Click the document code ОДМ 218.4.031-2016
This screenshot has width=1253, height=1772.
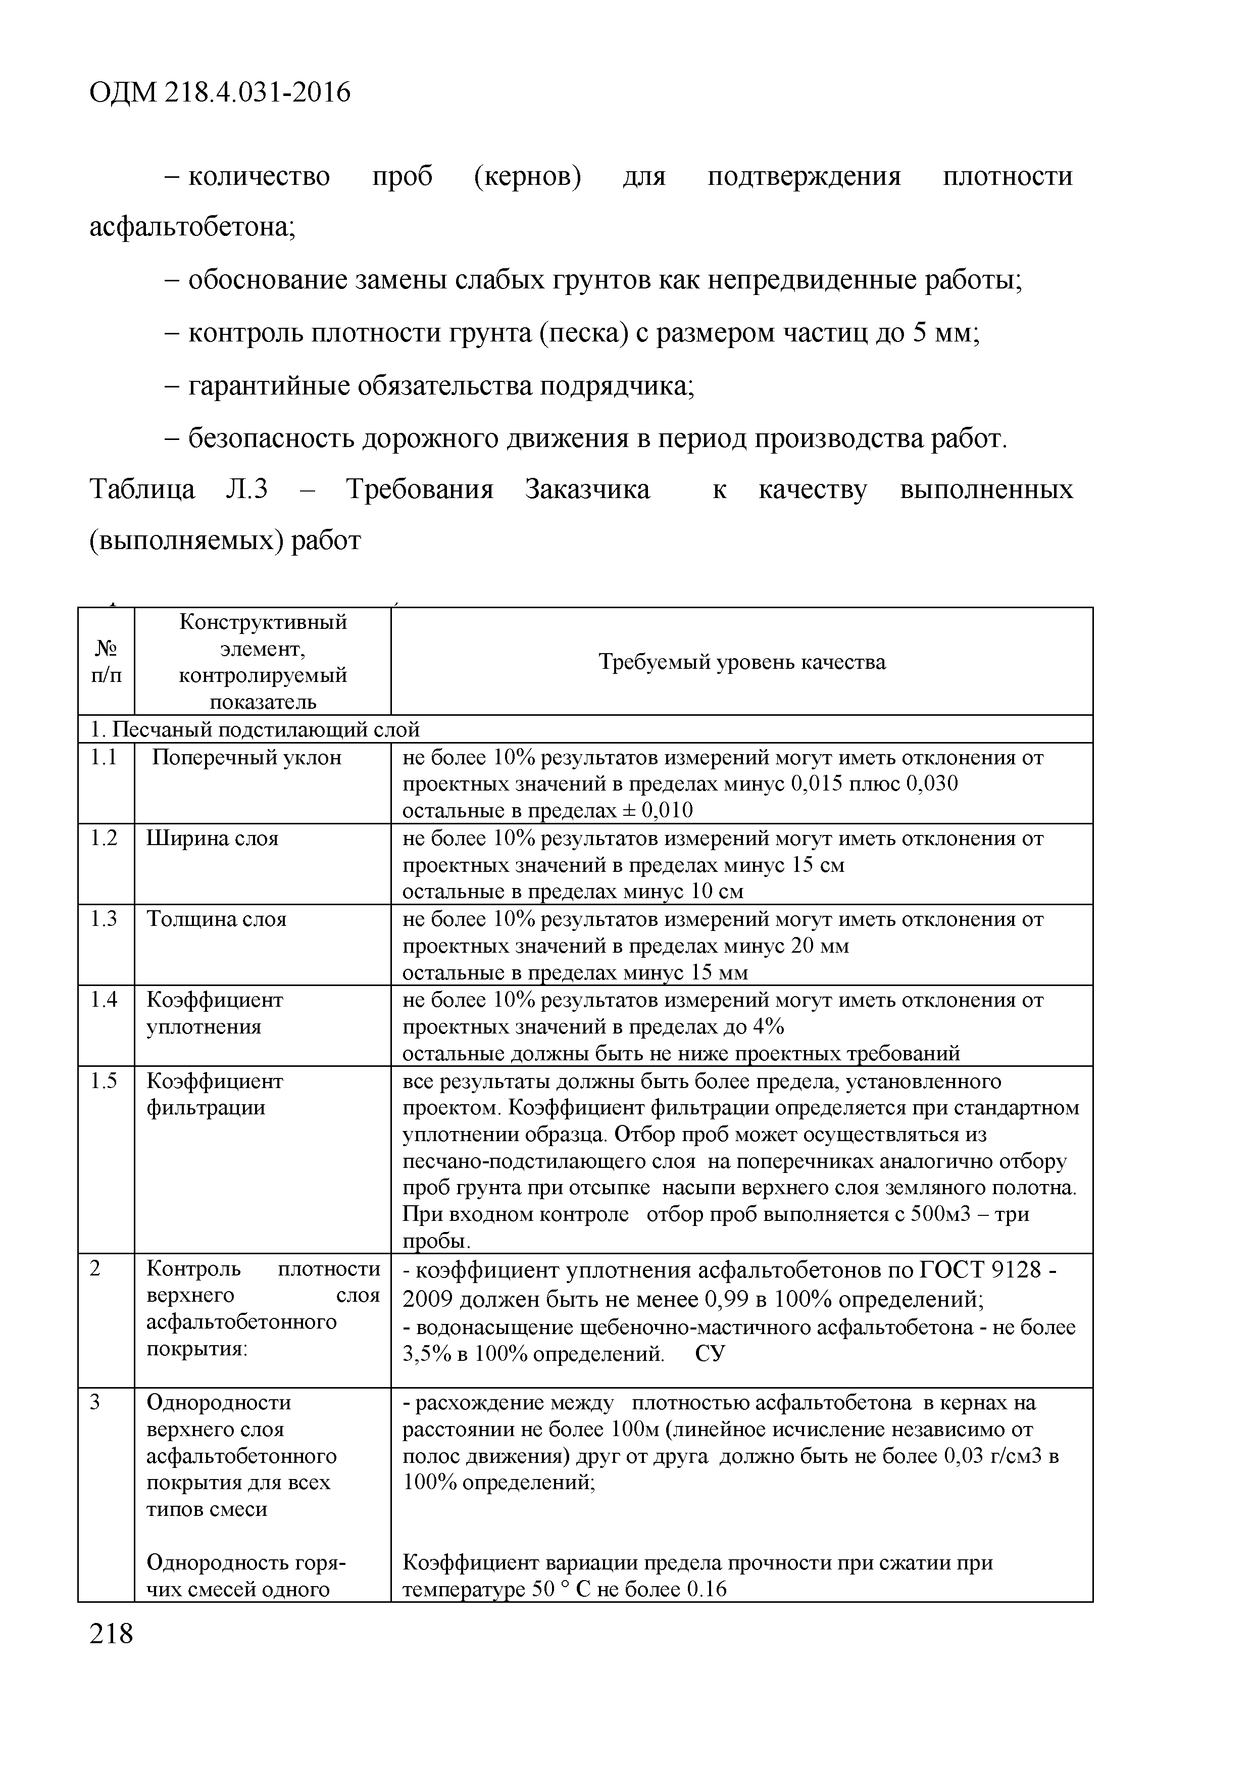(x=220, y=92)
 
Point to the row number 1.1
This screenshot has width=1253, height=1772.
(x=104, y=757)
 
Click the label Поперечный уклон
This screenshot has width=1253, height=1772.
(x=246, y=757)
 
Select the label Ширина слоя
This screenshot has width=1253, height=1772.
(x=212, y=838)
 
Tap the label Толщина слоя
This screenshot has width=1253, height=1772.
(x=216, y=919)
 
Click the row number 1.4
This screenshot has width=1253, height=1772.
(x=104, y=1000)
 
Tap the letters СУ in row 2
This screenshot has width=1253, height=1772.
(x=710, y=1354)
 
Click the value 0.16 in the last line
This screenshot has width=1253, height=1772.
(x=706, y=1590)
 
